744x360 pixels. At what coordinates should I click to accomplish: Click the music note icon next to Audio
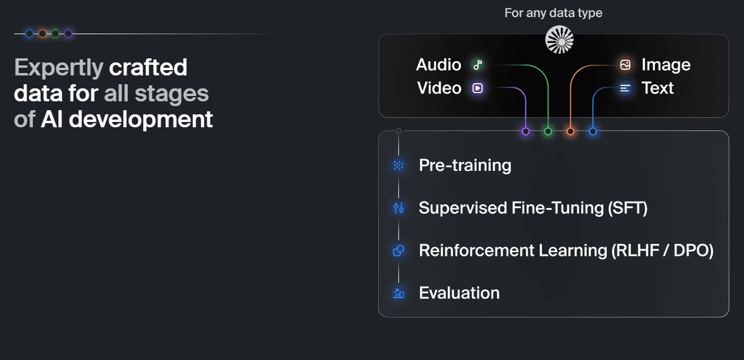coord(478,65)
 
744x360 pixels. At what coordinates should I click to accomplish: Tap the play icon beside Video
coord(478,88)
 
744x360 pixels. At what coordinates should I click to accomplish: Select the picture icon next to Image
coord(626,65)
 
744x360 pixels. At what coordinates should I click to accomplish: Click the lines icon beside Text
coord(626,88)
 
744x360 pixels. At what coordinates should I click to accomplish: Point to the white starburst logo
coord(559,40)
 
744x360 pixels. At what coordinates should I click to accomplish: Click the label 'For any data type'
coord(553,13)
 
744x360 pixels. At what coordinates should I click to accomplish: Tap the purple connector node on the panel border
coord(526,131)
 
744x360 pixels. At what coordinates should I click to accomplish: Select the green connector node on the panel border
coord(548,131)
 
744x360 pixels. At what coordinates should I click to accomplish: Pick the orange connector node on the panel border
coord(570,131)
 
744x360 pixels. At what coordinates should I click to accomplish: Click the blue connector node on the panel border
coord(593,131)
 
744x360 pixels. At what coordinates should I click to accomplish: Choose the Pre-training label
coord(465,166)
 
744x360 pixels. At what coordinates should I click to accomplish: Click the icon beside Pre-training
coord(399,166)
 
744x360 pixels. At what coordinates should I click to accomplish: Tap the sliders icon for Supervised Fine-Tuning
coord(399,208)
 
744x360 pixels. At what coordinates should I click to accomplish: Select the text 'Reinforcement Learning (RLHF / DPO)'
coord(566,250)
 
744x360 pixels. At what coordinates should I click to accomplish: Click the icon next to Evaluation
coord(399,293)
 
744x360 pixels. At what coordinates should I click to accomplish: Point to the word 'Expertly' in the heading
coord(58,68)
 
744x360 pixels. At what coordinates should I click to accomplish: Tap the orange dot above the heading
coord(42,34)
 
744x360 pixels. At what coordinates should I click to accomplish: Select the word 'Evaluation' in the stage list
coord(459,293)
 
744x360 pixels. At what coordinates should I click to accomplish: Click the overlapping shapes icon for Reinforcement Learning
coord(399,250)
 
